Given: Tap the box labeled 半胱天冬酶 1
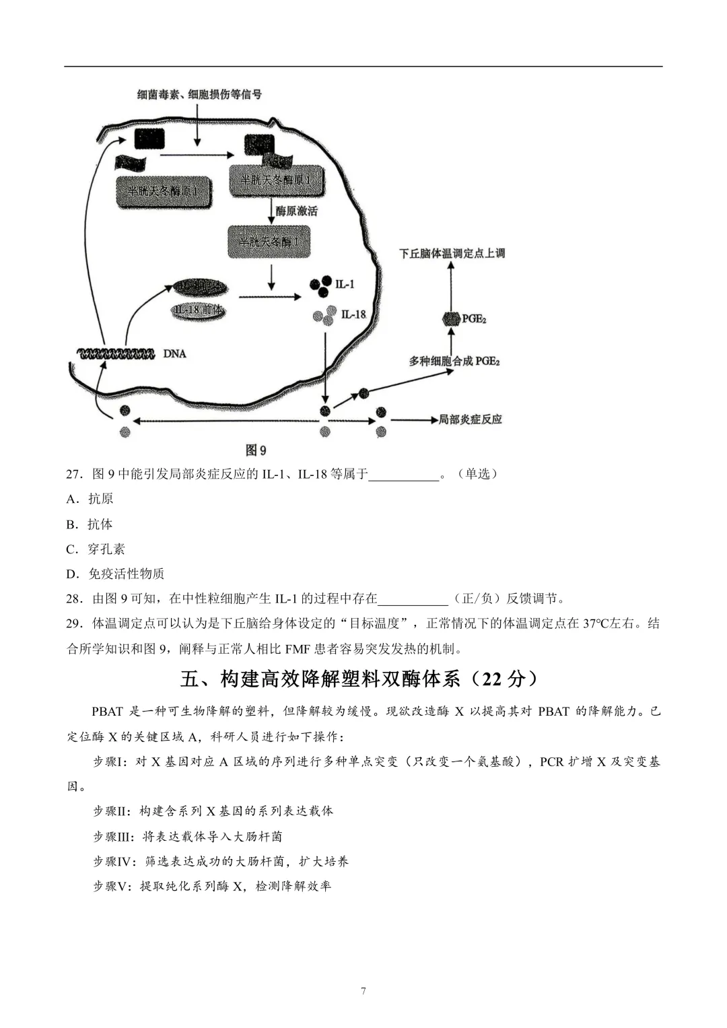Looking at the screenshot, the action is pyautogui.click(x=269, y=242).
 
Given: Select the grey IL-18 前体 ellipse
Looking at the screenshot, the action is pyautogui.click(x=199, y=311).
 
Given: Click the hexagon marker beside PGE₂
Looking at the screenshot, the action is pyautogui.click(x=450, y=318).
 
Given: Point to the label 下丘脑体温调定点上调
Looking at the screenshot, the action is pyautogui.click(x=452, y=253).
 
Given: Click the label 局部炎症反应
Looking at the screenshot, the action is pyautogui.click(x=471, y=419).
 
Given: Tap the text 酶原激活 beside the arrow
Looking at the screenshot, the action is pyautogui.click(x=297, y=211).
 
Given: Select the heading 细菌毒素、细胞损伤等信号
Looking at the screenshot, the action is pyautogui.click(x=199, y=95).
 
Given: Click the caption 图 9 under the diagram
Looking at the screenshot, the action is pyautogui.click(x=256, y=450).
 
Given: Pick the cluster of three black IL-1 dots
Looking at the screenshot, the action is pyautogui.click(x=321, y=284).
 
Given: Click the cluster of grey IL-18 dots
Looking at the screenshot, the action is pyautogui.click(x=324, y=314).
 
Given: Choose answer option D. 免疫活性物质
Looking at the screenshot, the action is pyautogui.click(x=116, y=574).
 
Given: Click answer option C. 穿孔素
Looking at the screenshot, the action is pyautogui.click(x=96, y=549).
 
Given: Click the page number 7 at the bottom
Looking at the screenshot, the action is pyautogui.click(x=363, y=991).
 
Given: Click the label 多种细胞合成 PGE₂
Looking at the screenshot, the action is pyautogui.click(x=454, y=362).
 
